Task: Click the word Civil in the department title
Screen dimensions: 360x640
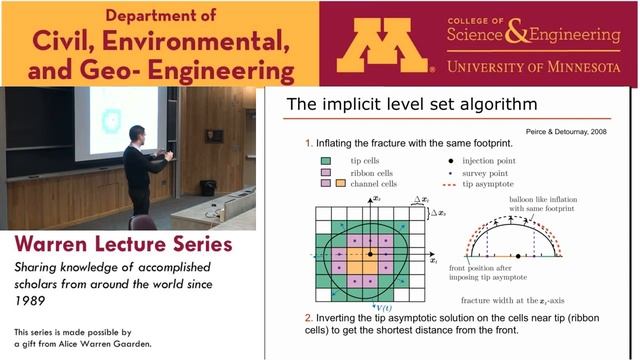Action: click(60, 42)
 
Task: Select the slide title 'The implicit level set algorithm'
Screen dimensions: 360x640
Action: click(400, 104)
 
